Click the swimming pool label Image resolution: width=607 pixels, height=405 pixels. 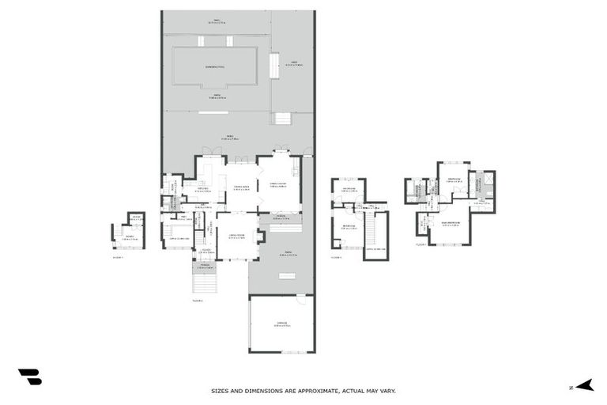[215, 67]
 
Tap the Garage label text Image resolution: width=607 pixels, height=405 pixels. [281, 324]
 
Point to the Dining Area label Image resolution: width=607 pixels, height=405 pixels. [241, 188]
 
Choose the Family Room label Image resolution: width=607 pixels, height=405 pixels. [278, 185]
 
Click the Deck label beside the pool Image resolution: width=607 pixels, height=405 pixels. [292, 63]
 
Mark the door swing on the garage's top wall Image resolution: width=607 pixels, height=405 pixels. [300, 301]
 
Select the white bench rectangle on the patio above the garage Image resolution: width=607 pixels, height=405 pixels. [285, 275]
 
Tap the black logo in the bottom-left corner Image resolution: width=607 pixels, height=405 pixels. [29, 377]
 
